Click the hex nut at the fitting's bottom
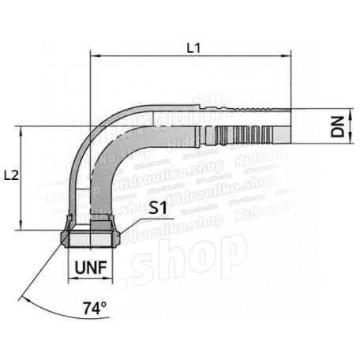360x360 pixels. click(x=92, y=237)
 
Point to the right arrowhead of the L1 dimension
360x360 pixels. click(x=287, y=56)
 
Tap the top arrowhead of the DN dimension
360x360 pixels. click(x=323, y=111)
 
